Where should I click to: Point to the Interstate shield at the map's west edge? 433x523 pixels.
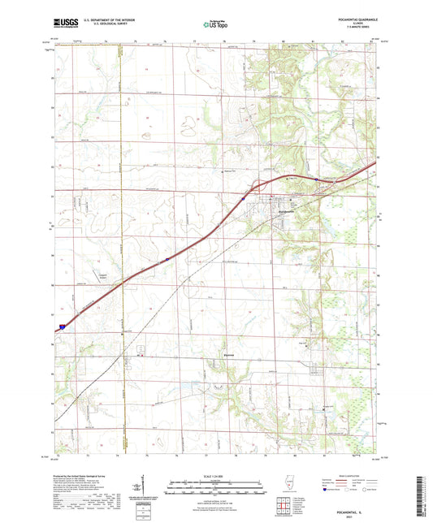tap(61, 326)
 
